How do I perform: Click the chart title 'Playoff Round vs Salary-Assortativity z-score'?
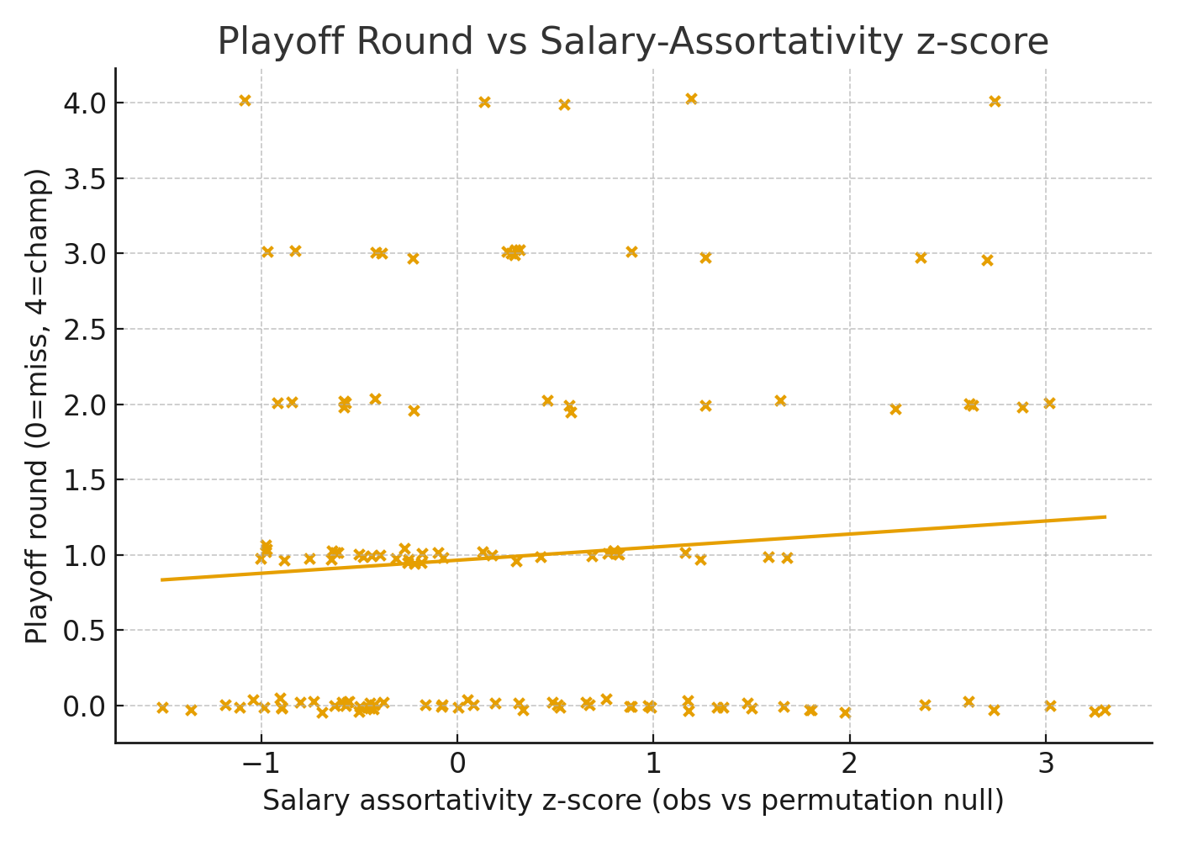[x=632, y=41]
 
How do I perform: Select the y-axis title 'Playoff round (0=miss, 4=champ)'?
[x=37, y=405]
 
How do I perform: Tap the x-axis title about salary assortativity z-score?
[x=632, y=801]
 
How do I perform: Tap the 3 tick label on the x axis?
[x=1046, y=764]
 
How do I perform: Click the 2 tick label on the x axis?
[x=849, y=764]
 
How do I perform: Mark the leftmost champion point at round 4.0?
[x=245, y=101]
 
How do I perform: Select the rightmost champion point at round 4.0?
[x=995, y=102]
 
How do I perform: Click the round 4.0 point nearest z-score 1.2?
[x=691, y=99]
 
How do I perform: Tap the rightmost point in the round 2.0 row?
[x=1049, y=404]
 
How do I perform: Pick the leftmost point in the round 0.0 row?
[x=162, y=708]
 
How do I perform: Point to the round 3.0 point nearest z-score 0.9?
[x=631, y=252]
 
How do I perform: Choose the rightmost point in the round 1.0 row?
[x=787, y=558]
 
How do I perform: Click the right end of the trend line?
[x=1105, y=516]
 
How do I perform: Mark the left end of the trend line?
[x=161, y=579]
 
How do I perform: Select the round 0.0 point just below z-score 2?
[x=845, y=713]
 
